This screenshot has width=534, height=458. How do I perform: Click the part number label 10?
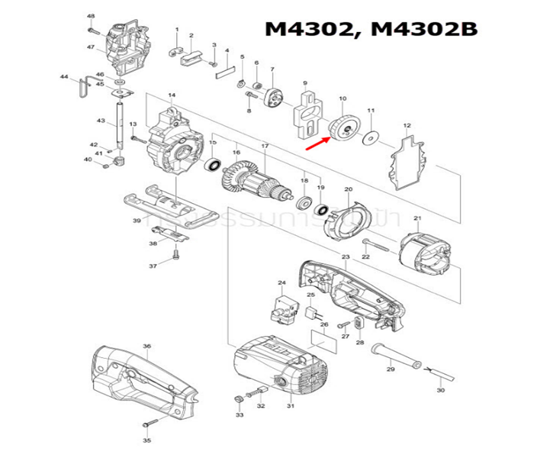pos(343,98)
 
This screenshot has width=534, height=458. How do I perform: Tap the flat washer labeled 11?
pos(372,137)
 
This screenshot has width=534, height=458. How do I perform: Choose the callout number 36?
pos(146,346)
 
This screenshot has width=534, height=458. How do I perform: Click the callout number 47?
pos(90,47)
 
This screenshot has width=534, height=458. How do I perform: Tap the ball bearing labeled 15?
pos(214,164)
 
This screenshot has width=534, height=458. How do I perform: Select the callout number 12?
pos(407,125)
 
